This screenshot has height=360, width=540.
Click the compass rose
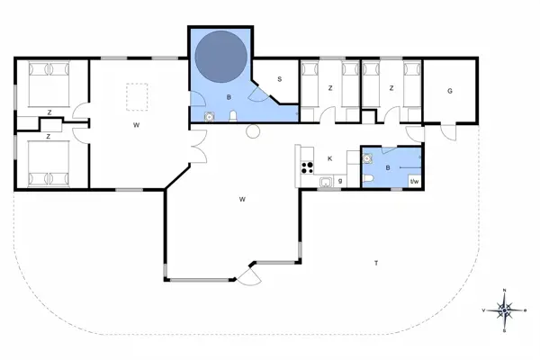pos(505,310)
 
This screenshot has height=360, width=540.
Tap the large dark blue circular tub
pos(221,57)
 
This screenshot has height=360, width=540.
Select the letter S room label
pos(280,79)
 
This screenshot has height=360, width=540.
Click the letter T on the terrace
pos(375,262)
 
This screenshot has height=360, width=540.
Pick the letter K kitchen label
pos(330,158)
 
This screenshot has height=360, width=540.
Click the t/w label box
pos(415,183)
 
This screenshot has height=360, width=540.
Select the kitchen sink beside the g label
pos(326,183)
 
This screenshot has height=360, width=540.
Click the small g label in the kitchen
pos(340,182)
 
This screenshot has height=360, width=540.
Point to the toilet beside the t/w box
pos(372,182)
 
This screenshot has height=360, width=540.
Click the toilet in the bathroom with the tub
pos(234,114)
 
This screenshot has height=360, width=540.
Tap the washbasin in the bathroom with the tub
pos(209,116)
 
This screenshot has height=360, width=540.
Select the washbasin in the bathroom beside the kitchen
pos(367,157)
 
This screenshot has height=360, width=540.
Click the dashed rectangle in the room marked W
pos(137,95)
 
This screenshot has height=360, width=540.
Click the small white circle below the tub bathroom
pos(253,131)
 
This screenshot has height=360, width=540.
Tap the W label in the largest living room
pos(243,198)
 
